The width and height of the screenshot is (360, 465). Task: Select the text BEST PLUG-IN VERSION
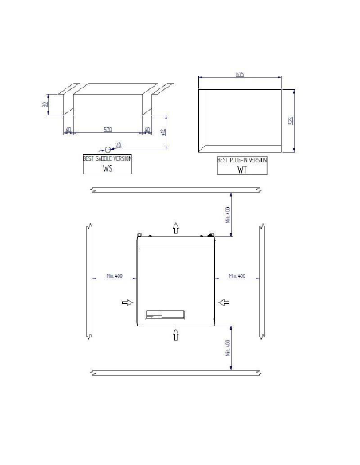click(x=243, y=160)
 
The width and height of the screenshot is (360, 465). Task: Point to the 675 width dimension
click(x=239, y=75)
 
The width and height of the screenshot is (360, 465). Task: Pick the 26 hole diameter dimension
click(x=119, y=144)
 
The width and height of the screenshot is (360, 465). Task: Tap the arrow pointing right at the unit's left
click(x=127, y=302)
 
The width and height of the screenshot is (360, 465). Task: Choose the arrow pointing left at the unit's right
click(x=225, y=302)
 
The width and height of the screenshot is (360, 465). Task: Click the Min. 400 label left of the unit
click(x=113, y=275)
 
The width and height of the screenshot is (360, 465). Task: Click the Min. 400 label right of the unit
click(x=237, y=275)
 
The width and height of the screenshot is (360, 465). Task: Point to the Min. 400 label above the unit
click(x=225, y=213)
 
